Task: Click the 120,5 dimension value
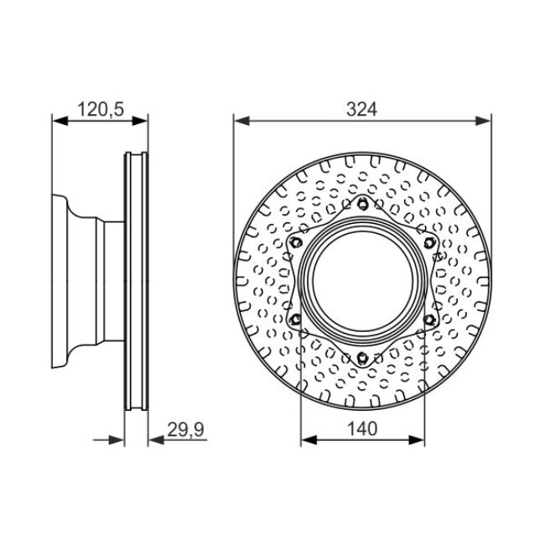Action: coord(101,109)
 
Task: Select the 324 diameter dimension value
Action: coord(362,110)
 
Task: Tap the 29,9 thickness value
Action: coord(185,429)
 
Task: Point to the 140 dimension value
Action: coord(362,428)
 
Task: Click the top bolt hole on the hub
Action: coord(362,204)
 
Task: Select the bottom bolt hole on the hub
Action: coord(362,357)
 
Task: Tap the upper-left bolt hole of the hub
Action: coord(296,242)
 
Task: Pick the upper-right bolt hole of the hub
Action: coord(429,242)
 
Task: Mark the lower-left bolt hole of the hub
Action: coord(296,319)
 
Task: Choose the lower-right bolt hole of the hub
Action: coord(429,319)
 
